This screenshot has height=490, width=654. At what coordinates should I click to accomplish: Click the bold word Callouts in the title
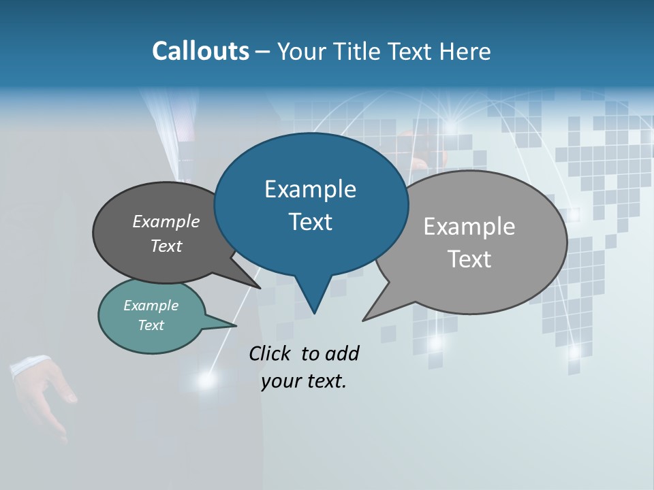pos(200,51)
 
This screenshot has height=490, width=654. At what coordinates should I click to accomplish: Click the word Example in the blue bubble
pos(310,189)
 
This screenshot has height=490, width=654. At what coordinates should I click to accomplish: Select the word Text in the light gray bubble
pos(469,259)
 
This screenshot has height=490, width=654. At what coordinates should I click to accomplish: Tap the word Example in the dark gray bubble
pos(166,222)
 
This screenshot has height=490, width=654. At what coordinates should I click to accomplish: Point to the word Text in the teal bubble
pos(151,325)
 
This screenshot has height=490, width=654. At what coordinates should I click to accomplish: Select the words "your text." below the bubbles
pos(304,381)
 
